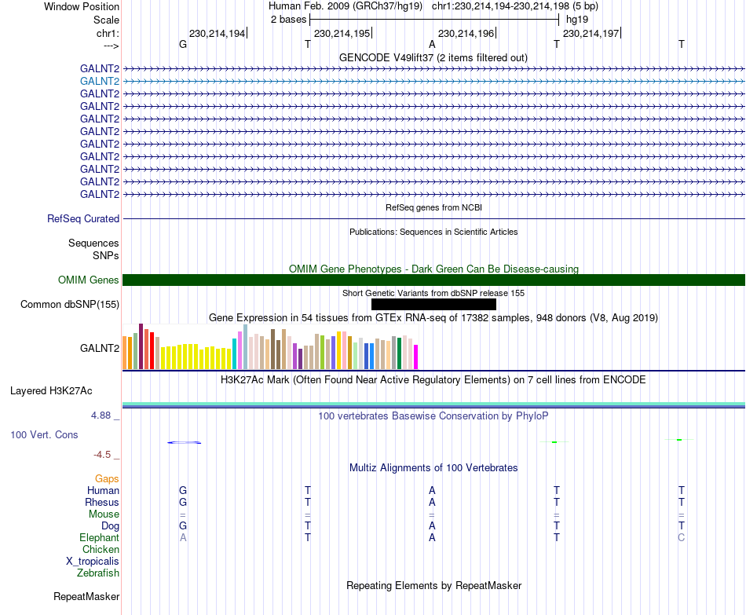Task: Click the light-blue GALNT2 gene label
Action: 100,82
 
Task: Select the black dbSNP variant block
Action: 433,304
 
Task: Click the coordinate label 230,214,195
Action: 342,33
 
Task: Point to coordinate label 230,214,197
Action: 591,33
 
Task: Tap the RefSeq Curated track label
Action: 83,219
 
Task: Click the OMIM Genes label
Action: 89,280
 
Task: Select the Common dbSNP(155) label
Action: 70,305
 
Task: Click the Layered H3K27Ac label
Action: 51,391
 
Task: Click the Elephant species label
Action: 100,537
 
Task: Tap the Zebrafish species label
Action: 98,573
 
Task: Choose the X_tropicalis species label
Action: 93,562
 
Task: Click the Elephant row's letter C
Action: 682,537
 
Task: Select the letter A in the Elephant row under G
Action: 183,537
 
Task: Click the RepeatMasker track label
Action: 86,596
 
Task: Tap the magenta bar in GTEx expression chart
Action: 416,357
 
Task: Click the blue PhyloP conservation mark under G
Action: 184,443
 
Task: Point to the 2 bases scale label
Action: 289,20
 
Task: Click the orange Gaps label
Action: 107,479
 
